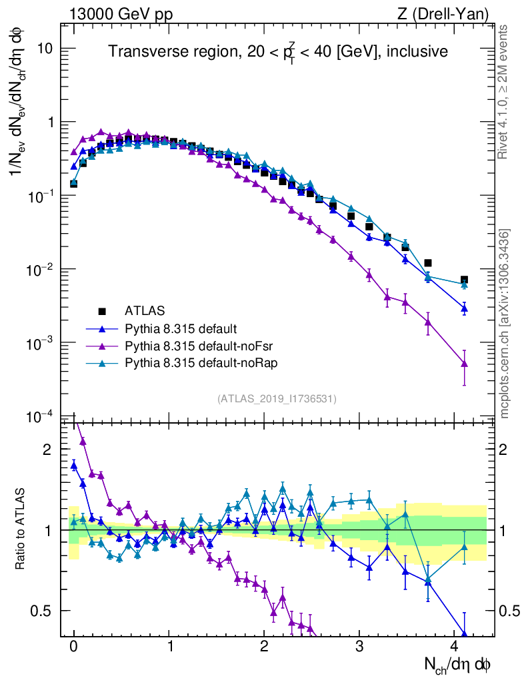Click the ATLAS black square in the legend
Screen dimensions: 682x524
(x=102, y=310)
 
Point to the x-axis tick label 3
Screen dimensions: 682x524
(x=359, y=645)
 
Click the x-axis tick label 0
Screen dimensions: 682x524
(x=74, y=645)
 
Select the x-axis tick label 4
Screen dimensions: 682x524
(x=455, y=645)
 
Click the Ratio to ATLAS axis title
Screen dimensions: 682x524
(x=21, y=529)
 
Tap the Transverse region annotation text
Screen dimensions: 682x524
(x=279, y=51)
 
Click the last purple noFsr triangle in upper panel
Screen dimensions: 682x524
(x=464, y=364)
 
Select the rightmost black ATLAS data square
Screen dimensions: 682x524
(x=464, y=280)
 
